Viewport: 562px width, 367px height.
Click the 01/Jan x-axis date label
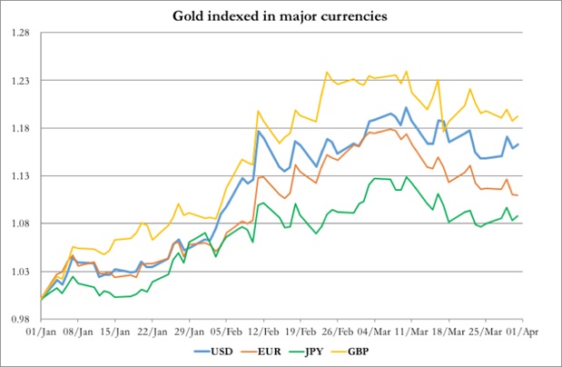[42, 332]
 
